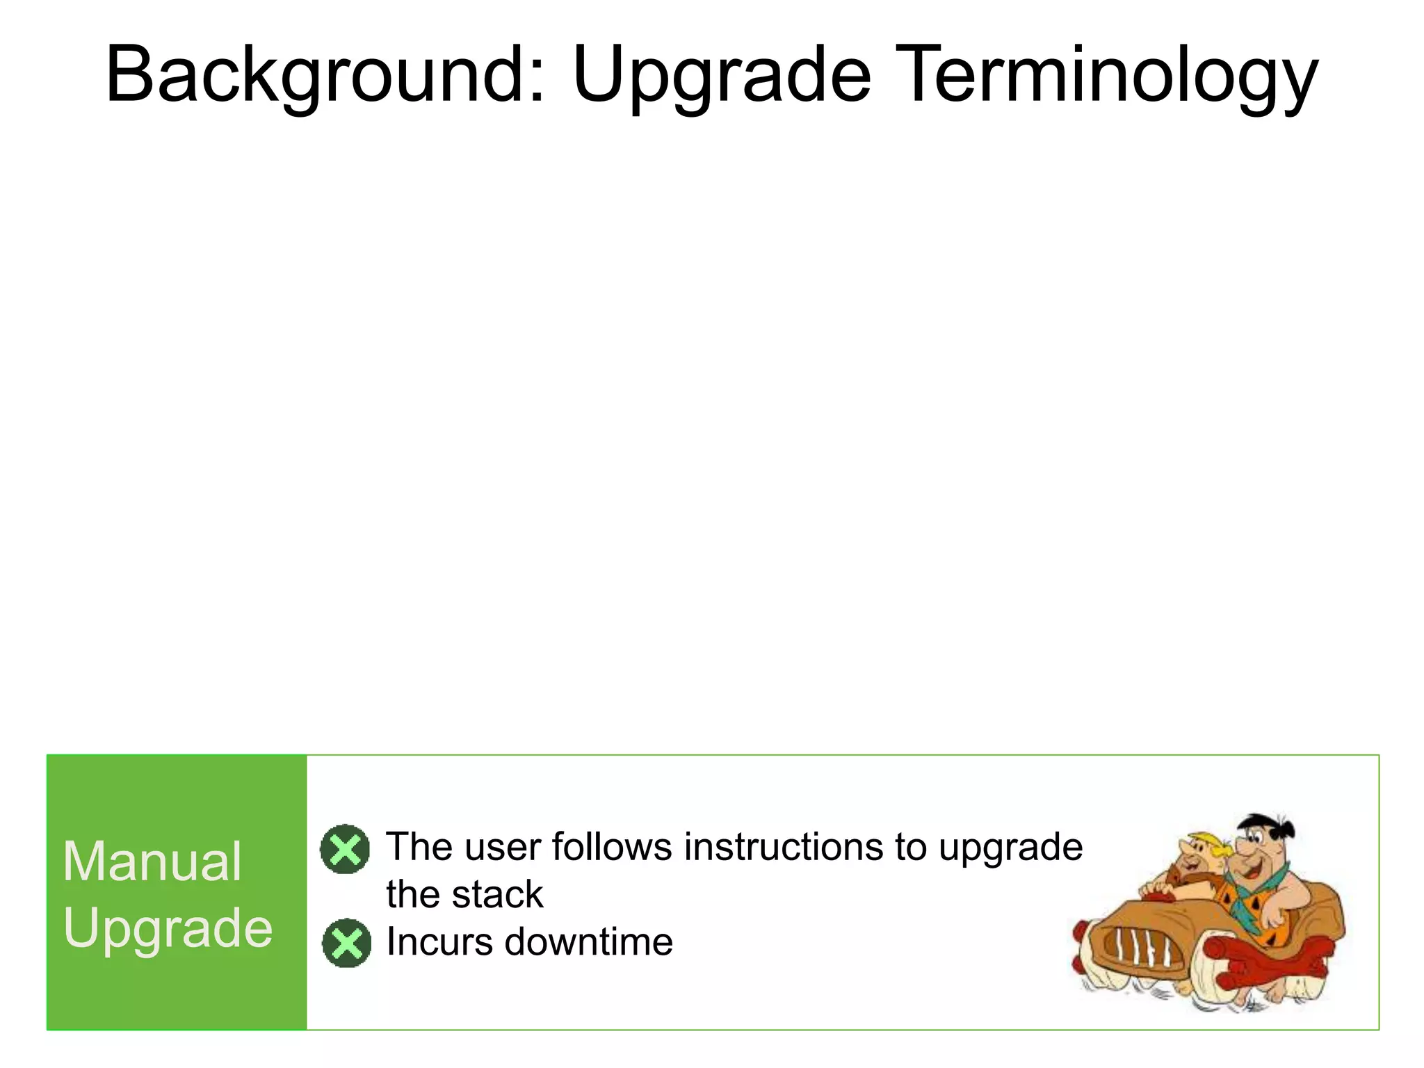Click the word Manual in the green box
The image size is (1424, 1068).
pyautogui.click(x=152, y=861)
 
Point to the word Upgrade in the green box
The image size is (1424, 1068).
pyautogui.click(x=168, y=928)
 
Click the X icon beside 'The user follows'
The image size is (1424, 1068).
pyautogui.click(x=345, y=849)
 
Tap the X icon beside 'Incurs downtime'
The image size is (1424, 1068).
pyautogui.click(x=346, y=943)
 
